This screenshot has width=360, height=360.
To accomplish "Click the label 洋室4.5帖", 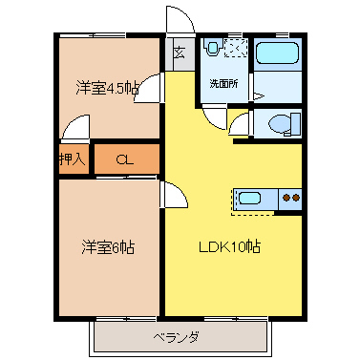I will point(108,88).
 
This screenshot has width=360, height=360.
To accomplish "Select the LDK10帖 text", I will point(230,247).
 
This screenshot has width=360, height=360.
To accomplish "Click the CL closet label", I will point(124,159).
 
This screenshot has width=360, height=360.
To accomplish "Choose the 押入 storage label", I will point(73,159).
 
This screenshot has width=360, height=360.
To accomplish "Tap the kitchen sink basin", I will point(250,199).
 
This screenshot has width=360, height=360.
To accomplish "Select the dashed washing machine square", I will point(236,47).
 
